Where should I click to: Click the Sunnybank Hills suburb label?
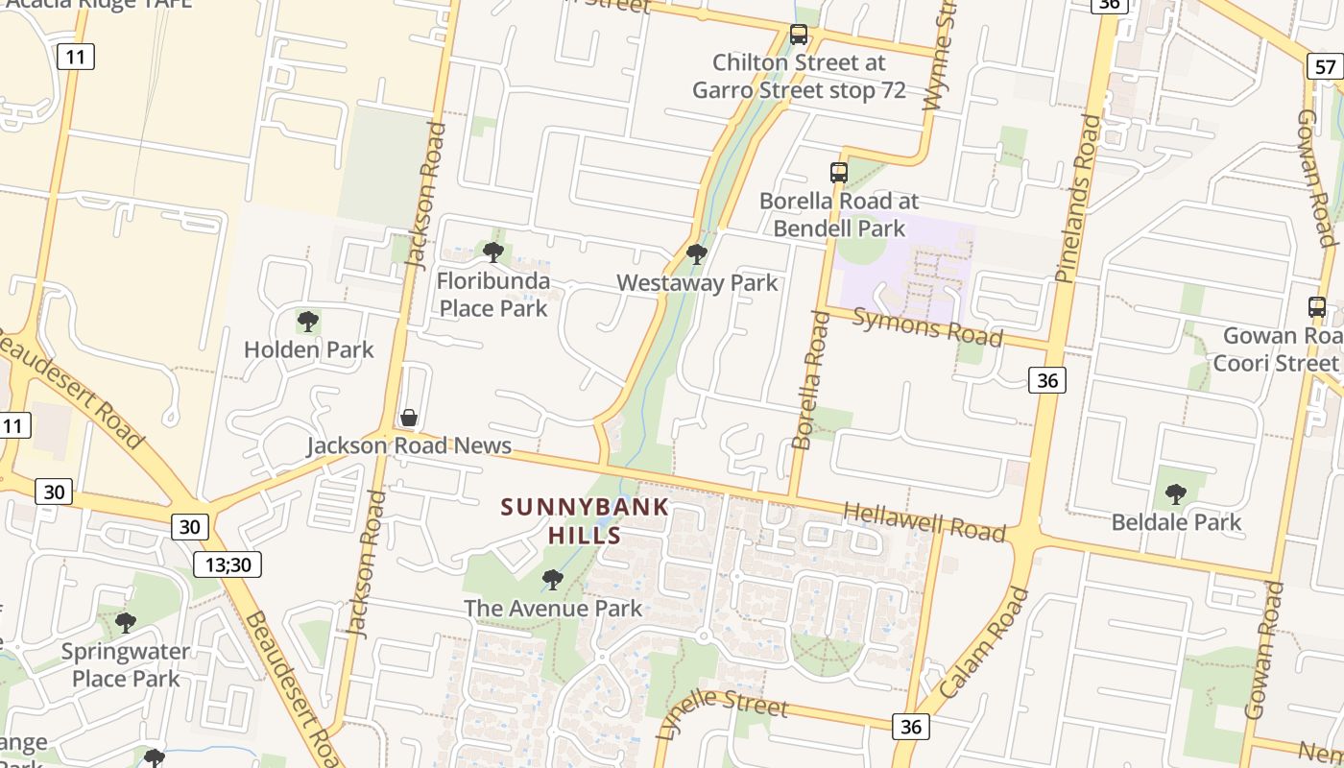pos(585,520)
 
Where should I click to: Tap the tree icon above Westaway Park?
pos(697,254)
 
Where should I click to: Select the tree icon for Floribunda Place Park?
pos(493,252)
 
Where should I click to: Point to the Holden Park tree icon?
pos(308,321)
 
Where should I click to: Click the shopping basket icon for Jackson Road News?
pos(409,418)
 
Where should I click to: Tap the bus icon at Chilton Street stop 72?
pos(799,35)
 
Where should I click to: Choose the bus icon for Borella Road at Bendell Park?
pos(839,173)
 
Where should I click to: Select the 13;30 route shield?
pos(228,564)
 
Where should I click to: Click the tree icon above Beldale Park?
pos(1175,494)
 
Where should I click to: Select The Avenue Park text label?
pos(553,608)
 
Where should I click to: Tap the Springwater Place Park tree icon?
pos(126,623)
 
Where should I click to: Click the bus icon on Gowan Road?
pos(1317,307)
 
